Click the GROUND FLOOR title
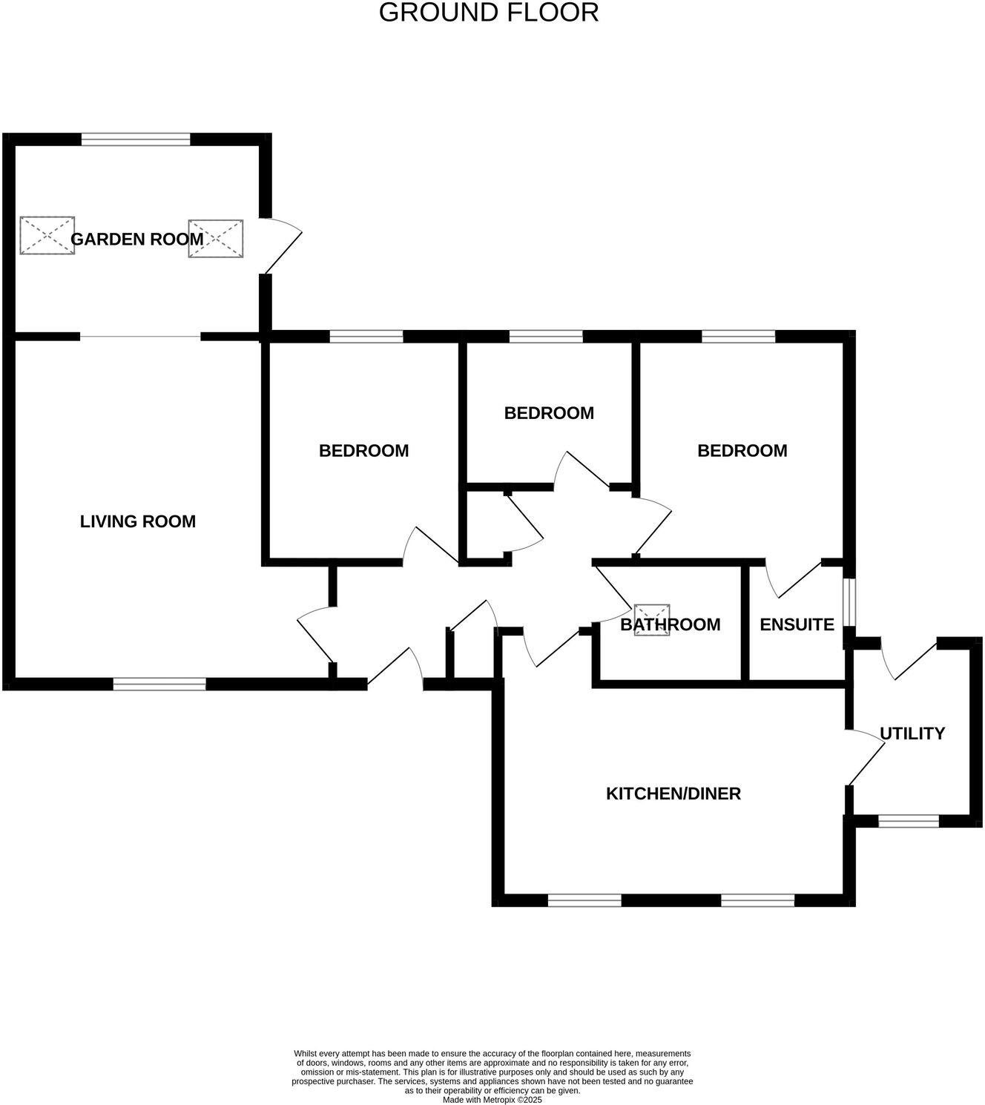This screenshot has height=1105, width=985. tap(489, 13)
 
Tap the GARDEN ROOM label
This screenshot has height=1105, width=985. tap(136, 240)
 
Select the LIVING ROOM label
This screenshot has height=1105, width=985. tap(138, 521)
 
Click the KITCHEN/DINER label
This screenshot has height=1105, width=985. tap(673, 794)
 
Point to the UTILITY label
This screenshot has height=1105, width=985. tap(912, 733)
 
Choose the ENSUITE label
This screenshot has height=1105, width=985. tap(797, 624)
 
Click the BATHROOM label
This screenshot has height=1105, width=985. tap(670, 624)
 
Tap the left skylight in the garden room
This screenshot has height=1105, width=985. tap(47, 236)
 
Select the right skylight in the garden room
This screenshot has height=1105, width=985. tap(216, 239)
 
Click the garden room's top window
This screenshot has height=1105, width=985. tap(136, 139)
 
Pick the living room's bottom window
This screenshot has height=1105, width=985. tap(159, 684)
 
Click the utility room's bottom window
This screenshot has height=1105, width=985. tap(909, 821)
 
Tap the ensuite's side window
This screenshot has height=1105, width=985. tap(850, 602)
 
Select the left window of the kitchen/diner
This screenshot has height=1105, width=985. tap(584, 900)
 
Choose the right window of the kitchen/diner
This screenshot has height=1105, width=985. tap(757, 900)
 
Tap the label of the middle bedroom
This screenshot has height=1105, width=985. tap(549, 413)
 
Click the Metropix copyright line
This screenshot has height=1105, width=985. tap(492, 1100)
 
